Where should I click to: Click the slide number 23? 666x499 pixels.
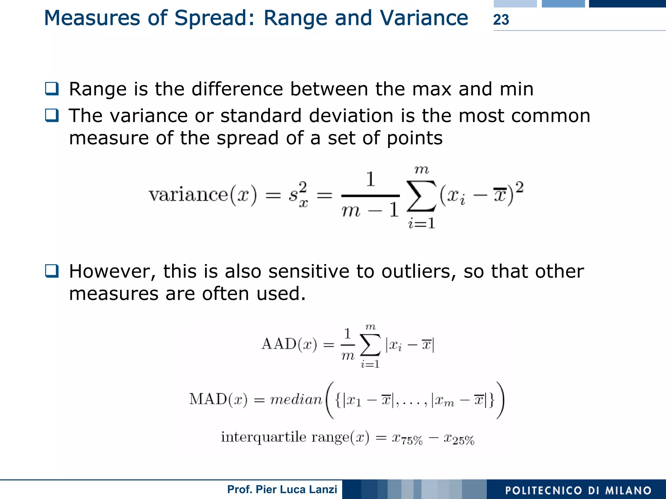[x=501, y=20]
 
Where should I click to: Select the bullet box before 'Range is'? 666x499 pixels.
[x=52, y=89]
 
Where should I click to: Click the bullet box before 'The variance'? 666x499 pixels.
[x=52, y=115]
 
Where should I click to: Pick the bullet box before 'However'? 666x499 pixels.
[x=52, y=271]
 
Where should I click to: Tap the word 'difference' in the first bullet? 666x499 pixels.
[x=237, y=89]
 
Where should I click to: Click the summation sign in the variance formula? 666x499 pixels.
[x=421, y=196]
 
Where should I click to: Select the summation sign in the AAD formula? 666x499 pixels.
[x=370, y=345]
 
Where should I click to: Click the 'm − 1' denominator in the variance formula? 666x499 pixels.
[x=370, y=210]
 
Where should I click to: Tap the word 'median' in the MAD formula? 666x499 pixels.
[x=296, y=399]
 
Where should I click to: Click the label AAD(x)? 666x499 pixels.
[x=289, y=344]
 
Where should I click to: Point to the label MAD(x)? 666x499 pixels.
[x=218, y=399]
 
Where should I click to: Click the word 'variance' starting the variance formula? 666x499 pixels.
[x=188, y=195]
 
